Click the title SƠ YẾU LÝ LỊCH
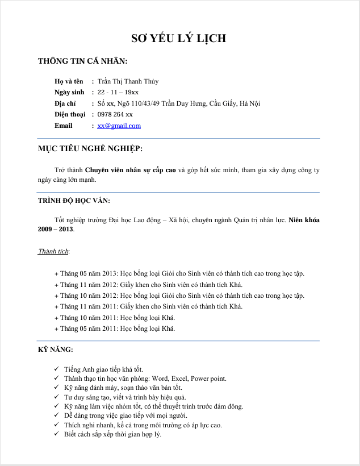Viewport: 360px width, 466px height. pyautogui.click(x=179, y=39)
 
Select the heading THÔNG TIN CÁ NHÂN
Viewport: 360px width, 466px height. pyautogui.click(x=82, y=61)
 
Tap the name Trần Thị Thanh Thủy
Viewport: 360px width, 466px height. pyautogui.click(x=128, y=81)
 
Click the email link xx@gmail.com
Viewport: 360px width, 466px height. pyautogui.click(x=119, y=126)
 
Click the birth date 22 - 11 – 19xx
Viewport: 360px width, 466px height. pyautogui.click(x=118, y=92)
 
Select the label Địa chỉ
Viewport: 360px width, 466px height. pyautogui.click(x=65, y=103)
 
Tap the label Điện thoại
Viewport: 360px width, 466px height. pyautogui.click(x=69, y=114)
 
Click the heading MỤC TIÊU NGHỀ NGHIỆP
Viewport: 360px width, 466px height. pyautogui.click(x=90, y=149)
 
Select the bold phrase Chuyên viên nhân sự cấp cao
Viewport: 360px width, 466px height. pyautogui.click(x=131, y=170)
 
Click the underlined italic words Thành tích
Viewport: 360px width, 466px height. pyautogui.click(x=53, y=251)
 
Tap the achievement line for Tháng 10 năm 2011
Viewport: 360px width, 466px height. pyautogui.click(x=115, y=318)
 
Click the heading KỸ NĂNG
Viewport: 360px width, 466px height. pyautogui.click(x=55, y=349)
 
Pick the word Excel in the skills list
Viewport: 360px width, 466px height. pyautogui.click(x=178, y=378)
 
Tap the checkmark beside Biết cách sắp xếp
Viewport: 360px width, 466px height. pyautogui.click(x=56, y=434)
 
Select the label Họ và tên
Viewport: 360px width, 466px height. pyautogui.click(x=69, y=81)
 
